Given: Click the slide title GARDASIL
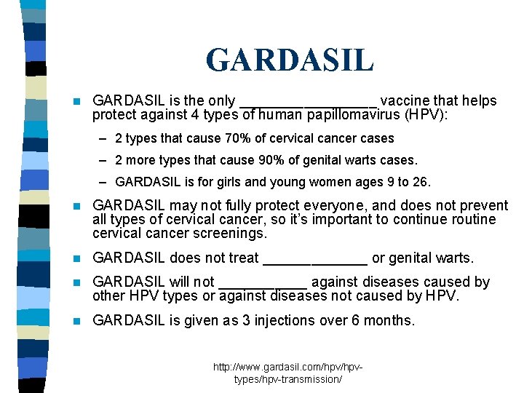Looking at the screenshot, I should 290,60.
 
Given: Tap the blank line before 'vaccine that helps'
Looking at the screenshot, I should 309,106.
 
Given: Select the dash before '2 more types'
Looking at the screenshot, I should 106,160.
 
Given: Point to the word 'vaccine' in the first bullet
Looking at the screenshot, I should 405,101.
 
